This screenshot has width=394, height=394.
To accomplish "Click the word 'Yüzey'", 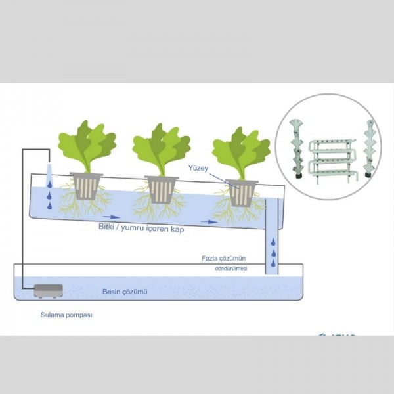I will pyautogui.click(x=198, y=167).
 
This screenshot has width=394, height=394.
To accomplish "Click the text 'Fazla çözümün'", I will pyautogui.click(x=225, y=258).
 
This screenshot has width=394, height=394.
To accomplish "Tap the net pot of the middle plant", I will pyautogui.click(x=161, y=189).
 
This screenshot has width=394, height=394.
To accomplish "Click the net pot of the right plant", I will pyautogui.click(x=240, y=193).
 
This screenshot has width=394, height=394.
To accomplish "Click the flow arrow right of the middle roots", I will pyautogui.click(x=209, y=222).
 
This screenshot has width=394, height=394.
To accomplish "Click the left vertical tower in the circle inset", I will pyautogui.click(x=296, y=148).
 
